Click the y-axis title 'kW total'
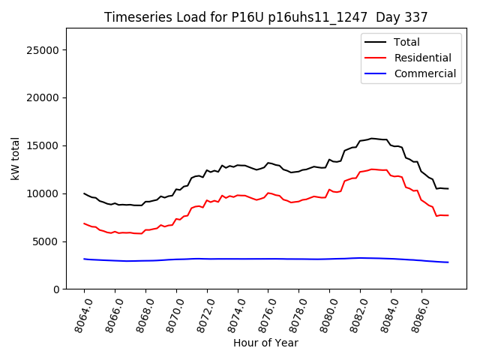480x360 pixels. [16, 158]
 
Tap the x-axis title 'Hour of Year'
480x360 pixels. [265, 343]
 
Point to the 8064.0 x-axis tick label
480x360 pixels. [78, 313]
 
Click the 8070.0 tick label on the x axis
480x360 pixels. [170, 313]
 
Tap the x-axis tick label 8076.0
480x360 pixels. [262, 313]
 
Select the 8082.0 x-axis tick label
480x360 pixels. [354, 313]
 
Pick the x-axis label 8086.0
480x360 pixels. [415, 313]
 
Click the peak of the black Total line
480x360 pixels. [371, 138]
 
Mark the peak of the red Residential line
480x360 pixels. [371, 169]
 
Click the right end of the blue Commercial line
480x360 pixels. [448, 262]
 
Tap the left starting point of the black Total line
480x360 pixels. [84, 193]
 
